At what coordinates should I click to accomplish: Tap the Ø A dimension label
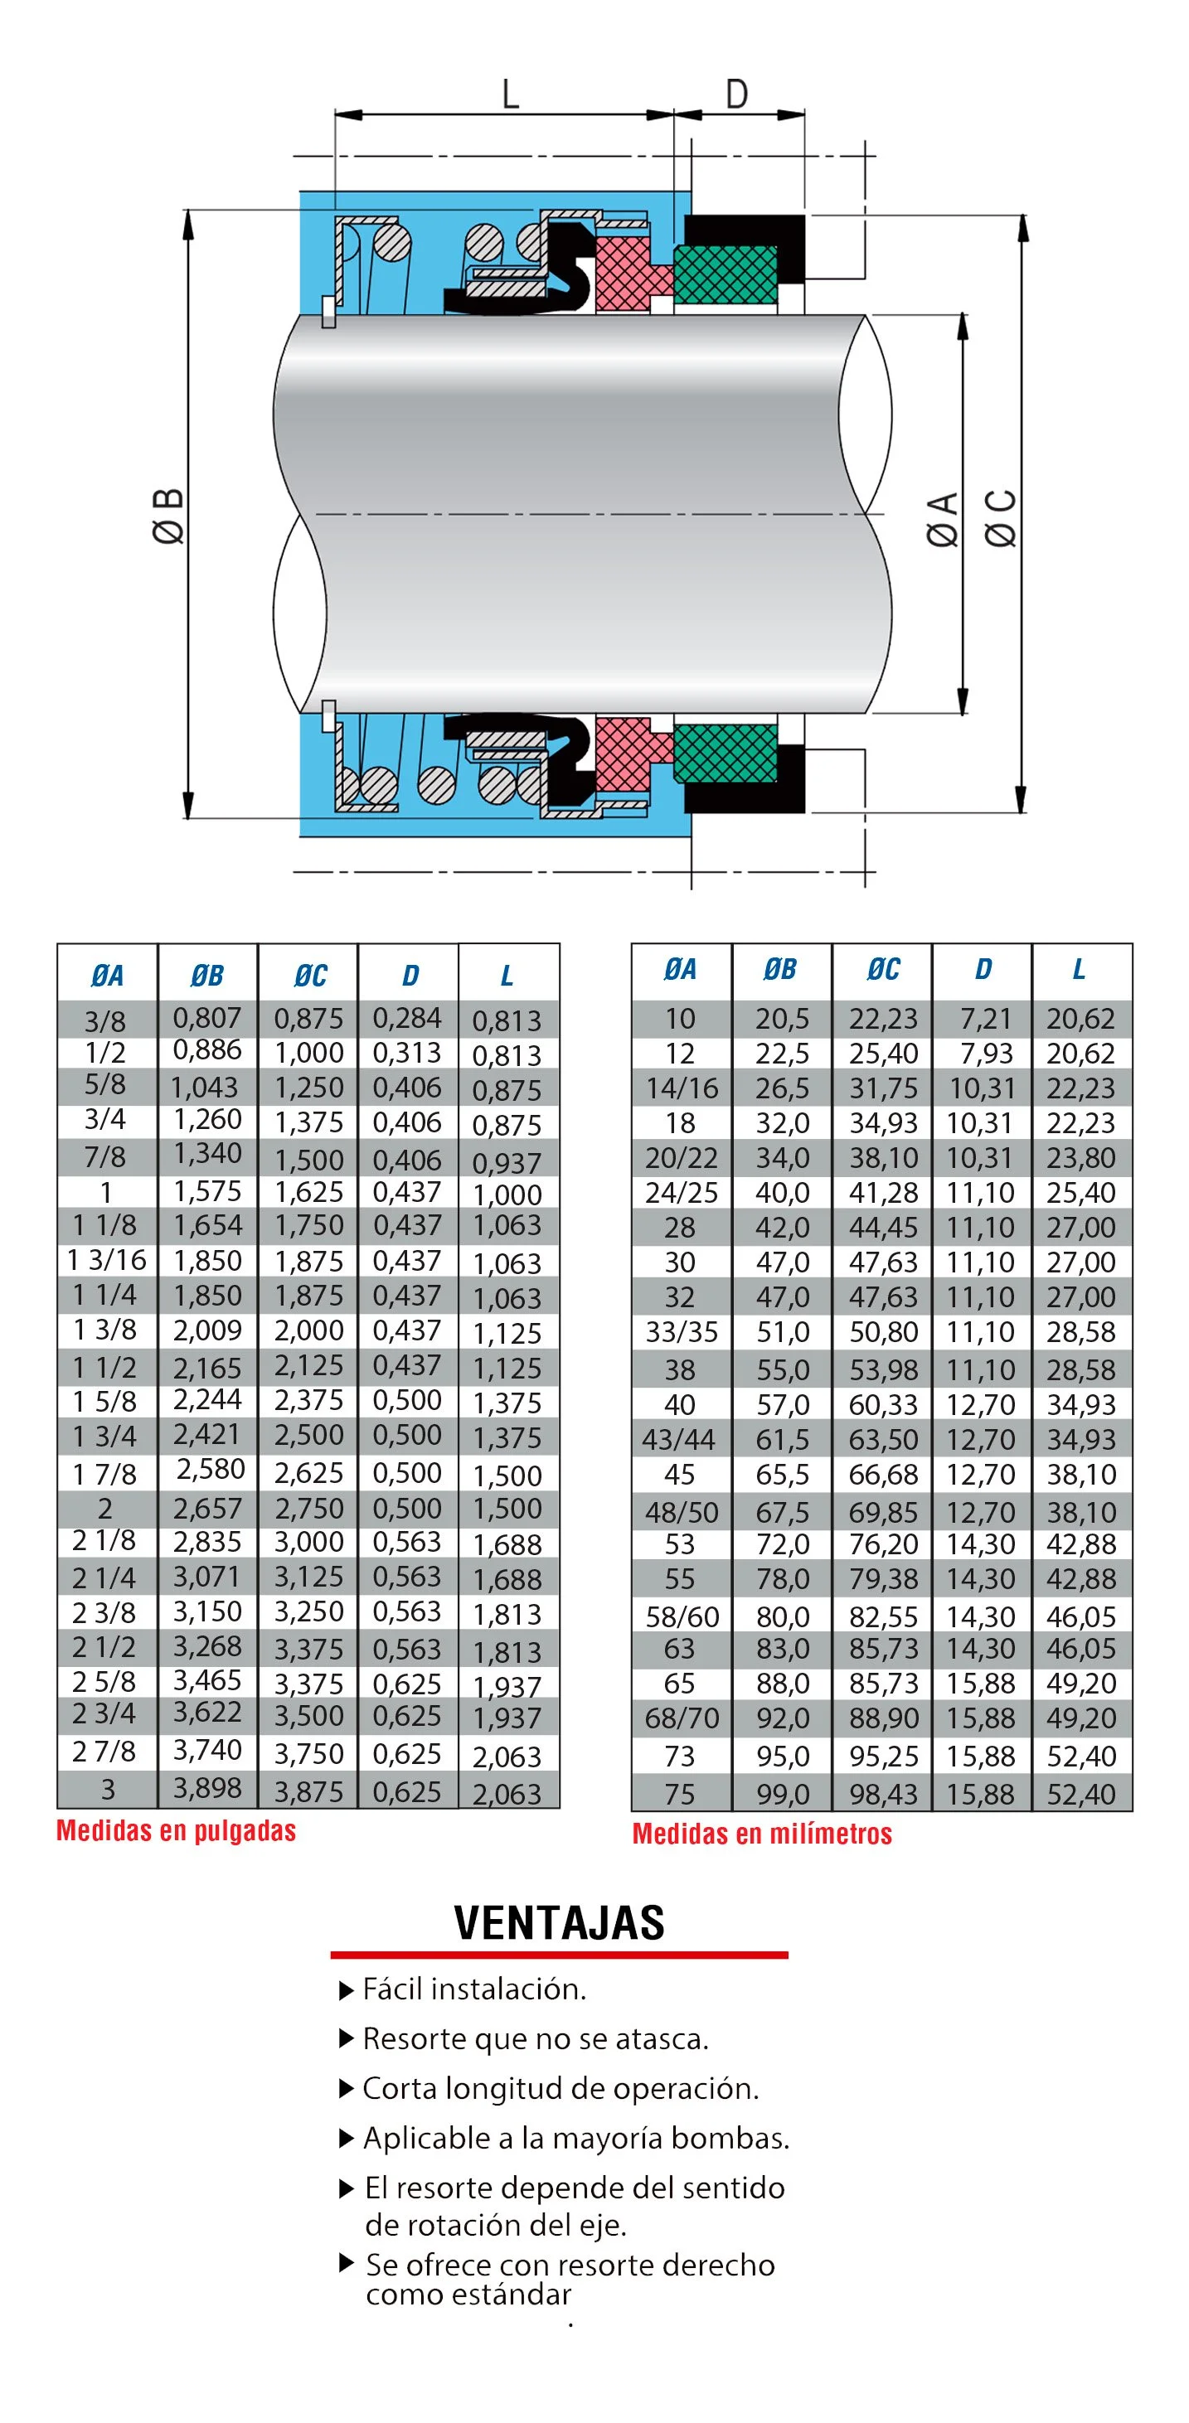pos(943,518)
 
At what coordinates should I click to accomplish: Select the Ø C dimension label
pos(1001,518)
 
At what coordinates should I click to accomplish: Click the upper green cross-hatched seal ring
pos(726,274)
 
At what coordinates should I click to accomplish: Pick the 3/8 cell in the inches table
pos(105,1020)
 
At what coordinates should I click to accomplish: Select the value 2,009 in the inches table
pos(208,1330)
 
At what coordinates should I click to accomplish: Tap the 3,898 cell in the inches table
pos(208,1788)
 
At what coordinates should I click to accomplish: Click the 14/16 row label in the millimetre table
pos(681,1088)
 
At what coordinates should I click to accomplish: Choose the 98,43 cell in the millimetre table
pos(882,1794)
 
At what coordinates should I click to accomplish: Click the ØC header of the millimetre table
pos(882,969)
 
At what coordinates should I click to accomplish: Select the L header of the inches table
pos(507,976)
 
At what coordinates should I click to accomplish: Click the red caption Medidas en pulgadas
pos(176,1830)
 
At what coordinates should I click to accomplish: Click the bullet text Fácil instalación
pos(474,1989)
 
